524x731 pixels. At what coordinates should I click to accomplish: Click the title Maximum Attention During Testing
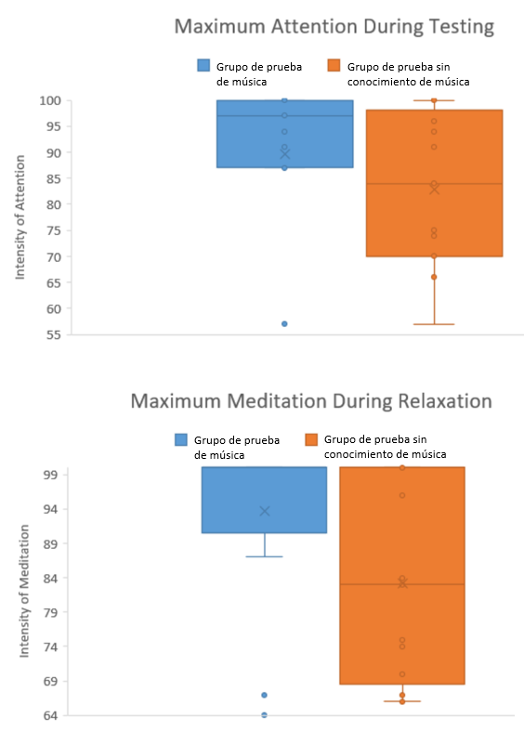(x=334, y=26)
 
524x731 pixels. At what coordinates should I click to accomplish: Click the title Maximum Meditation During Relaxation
(x=311, y=401)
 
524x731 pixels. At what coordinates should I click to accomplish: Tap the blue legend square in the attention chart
(x=203, y=65)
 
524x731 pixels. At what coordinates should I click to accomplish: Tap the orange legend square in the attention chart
(x=334, y=65)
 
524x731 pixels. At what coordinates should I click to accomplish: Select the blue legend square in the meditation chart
(x=181, y=439)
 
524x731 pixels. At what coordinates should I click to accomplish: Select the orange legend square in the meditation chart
(x=311, y=439)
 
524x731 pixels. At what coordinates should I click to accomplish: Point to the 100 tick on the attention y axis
(x=50, y=100)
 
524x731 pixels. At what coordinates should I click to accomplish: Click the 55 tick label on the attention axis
(x=53, y=334)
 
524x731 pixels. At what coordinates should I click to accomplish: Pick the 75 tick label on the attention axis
(x=53, y=230)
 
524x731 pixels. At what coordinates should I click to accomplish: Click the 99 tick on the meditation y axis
(x=50, y=475)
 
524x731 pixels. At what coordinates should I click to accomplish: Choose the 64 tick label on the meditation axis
(x=50, y=715)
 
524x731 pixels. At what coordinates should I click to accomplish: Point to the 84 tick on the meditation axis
(x=50, y=578)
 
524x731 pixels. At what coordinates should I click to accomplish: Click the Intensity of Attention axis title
(x=20, y=217)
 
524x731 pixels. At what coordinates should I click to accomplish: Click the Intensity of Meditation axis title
(x=24, y=591)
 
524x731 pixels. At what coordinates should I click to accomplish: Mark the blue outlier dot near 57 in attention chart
(x=284, y=323)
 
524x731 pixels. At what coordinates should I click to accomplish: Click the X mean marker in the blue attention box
(x=285, y=154)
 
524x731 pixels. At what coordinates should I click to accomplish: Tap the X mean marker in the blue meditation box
(x=265, y=511)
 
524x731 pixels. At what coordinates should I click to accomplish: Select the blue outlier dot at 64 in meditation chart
(x=265, y=714)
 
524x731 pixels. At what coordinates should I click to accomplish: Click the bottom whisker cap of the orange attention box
(x=434, y=324)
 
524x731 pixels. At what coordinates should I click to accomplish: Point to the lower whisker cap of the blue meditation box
(x=265, y=556)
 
